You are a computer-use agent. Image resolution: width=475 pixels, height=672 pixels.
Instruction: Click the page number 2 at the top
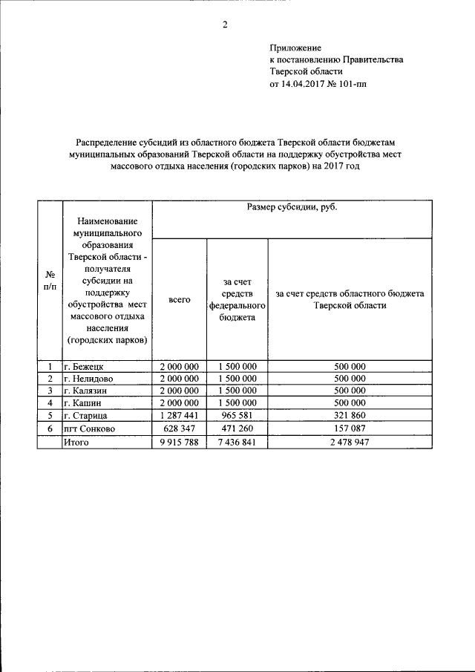click(x=223, y=25)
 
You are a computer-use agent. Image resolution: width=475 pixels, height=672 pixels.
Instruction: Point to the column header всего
click(x=180, y=299)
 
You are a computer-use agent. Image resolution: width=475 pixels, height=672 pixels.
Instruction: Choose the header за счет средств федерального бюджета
click(x=237, y=299)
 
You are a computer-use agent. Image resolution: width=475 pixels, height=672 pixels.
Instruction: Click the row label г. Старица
click(x=85, y=416)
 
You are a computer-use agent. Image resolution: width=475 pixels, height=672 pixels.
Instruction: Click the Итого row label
click(x=76, y=442)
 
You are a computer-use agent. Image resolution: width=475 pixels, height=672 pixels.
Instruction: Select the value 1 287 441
click(x=180, y=416)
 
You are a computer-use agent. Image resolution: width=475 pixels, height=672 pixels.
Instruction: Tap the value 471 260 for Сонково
click(x=237, y=428)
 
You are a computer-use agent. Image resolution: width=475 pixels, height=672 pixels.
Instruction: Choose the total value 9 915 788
click(x=180, y=442)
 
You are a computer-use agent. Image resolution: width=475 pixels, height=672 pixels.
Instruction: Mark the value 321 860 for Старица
click(x=350, y=416)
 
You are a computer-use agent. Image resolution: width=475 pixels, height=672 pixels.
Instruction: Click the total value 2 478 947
click(x=350, y=442)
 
